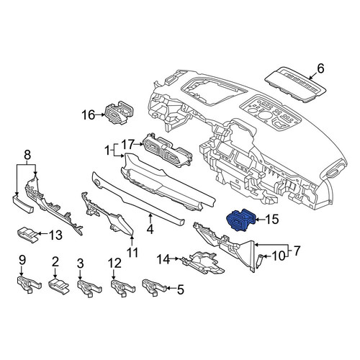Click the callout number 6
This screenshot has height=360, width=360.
[320, 68]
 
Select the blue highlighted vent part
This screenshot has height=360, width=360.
[240, 220]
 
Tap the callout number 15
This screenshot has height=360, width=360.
[272, 219]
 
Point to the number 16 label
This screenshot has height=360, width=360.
[88, 115]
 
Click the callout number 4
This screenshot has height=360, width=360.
[150, 229]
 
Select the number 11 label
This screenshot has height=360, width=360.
[132, 252]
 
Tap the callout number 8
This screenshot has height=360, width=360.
[27, 155]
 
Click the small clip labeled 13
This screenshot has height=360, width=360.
[28, 235]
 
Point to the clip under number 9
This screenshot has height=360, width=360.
[29, 284]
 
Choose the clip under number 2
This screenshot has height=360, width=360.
[58, 285]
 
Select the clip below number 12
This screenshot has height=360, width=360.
[122, 287]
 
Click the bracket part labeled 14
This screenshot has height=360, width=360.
[204, 262]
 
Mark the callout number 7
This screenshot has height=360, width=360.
[297, 251]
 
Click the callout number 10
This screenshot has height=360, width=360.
[278, 256]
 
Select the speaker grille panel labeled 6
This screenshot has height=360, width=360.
[296, 85]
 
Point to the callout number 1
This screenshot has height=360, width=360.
[107, 151]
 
